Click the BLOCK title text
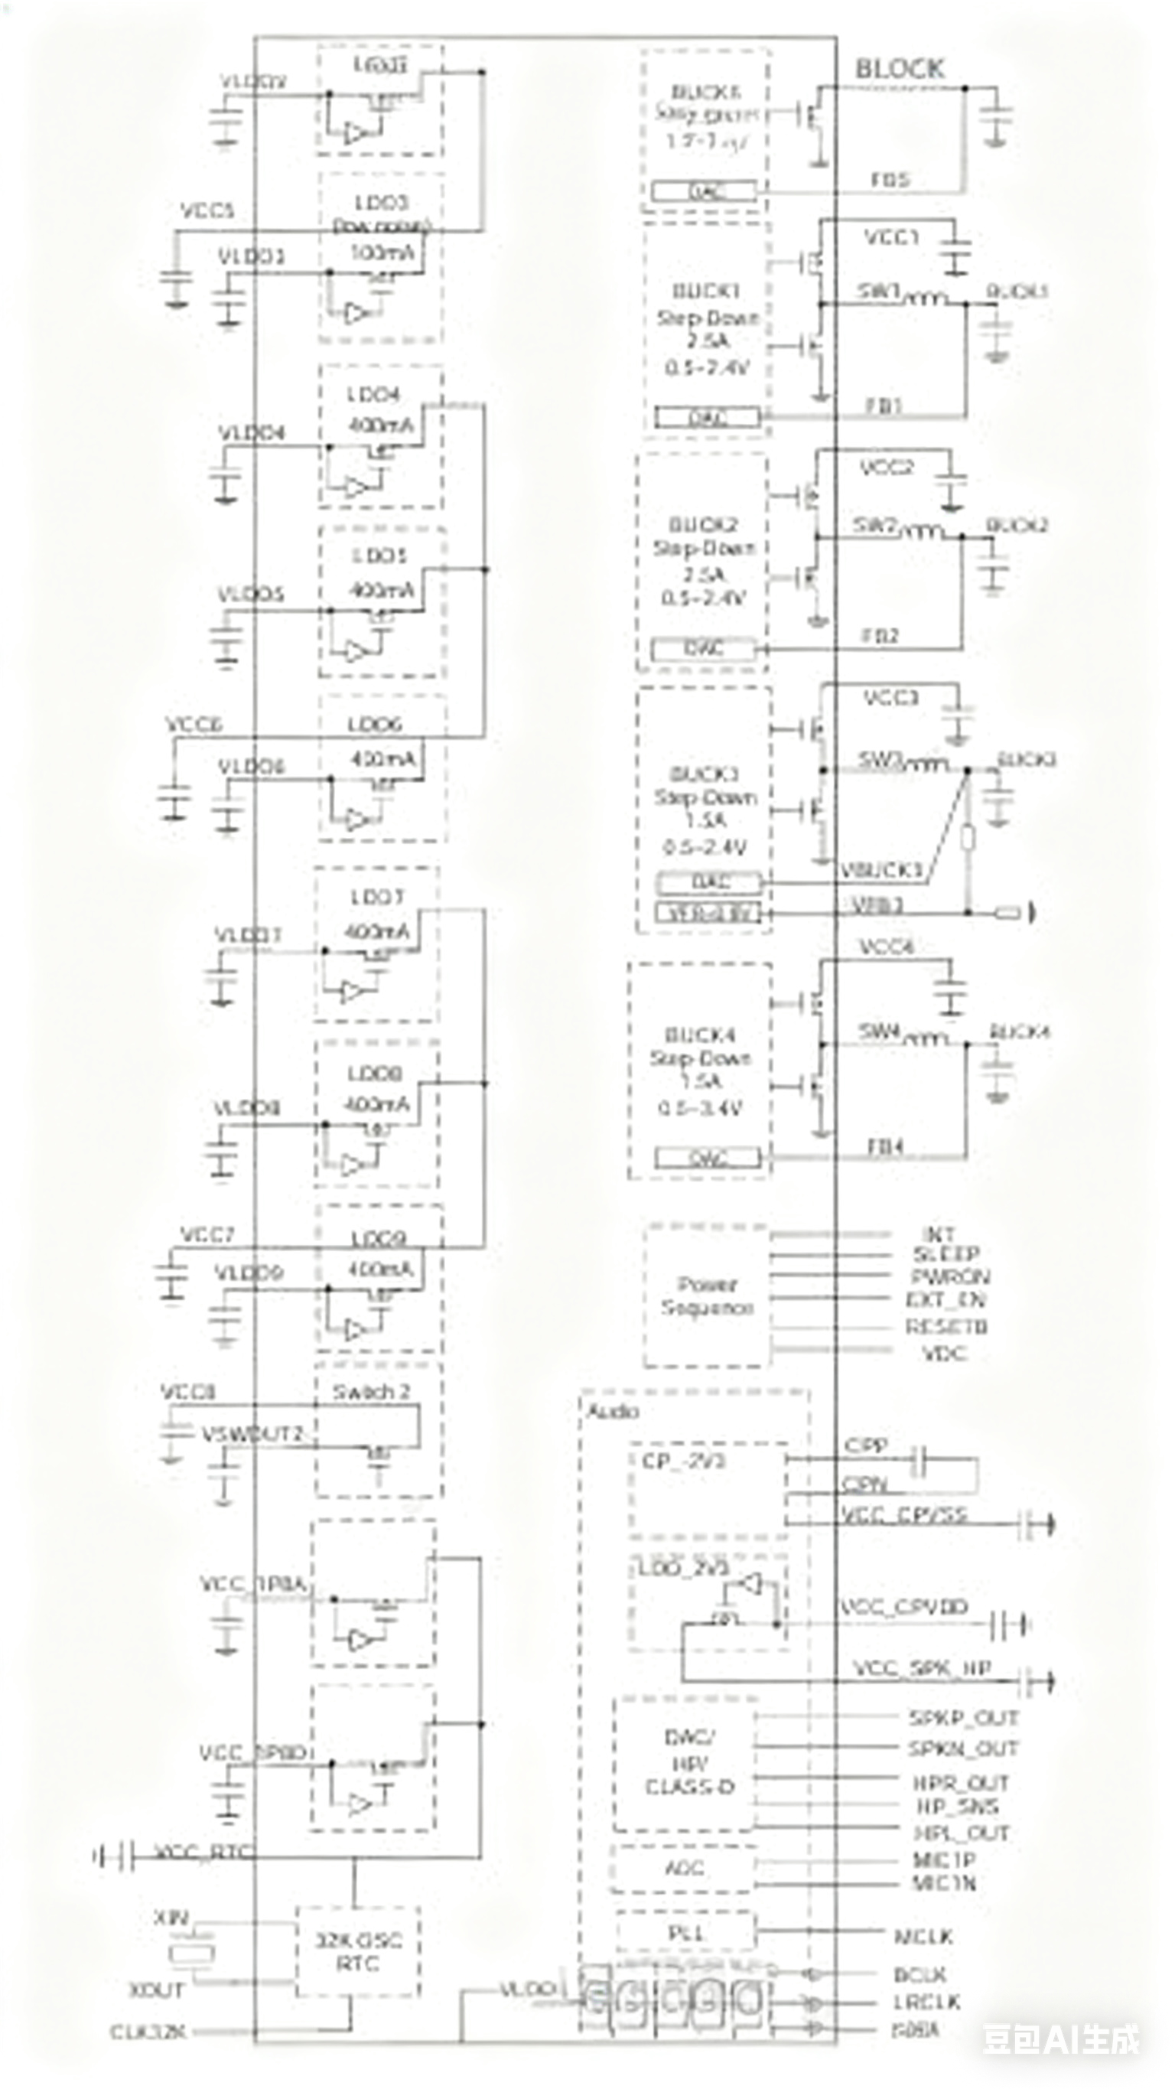tap(900, 69)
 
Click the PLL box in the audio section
tap(685, 1934)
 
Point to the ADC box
tap(684, 1869)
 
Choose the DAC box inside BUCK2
tap(703, 649)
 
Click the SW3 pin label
tap(880, 760)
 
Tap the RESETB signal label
tap(946, 1327)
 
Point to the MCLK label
tap(923, 1937)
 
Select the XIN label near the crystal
tap(171, 1918)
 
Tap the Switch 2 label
tap(370, 1392)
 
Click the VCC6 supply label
tap(194, 724)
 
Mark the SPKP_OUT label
tap(962, 1718)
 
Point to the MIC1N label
tap(944, 1883)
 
